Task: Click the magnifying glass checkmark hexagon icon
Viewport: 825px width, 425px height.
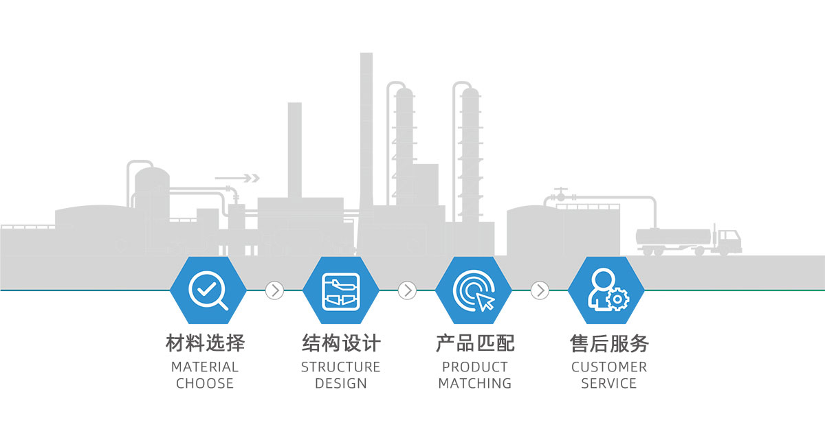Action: [208, 290]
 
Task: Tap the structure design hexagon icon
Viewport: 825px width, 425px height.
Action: [340, 290]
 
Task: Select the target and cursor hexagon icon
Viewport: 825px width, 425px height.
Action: [474, 290]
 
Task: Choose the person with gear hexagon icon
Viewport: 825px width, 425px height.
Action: [607, 290]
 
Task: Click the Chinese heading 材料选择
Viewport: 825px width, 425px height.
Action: [205, 343]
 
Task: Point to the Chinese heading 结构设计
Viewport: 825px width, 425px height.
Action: [341, 343]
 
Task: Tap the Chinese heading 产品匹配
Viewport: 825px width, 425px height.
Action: [475, 343]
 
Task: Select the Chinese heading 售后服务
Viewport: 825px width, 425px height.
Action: [609, 343]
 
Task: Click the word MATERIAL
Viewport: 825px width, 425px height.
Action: [205, 367]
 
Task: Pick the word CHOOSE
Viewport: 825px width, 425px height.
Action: [205, 384]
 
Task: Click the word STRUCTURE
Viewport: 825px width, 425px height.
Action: [340, 367]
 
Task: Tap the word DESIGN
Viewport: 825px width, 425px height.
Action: [341, 384]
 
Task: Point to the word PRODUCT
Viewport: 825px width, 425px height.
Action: [475, 367]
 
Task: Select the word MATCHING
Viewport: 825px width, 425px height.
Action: [475, 384]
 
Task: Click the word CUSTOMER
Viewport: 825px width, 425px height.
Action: [609, 367]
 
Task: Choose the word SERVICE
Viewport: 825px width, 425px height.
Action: [609, 384]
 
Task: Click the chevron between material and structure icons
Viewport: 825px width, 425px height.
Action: [274, 290]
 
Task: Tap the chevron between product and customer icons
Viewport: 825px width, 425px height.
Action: [540, 290]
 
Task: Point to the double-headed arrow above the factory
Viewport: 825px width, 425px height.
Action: [237, 179]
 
